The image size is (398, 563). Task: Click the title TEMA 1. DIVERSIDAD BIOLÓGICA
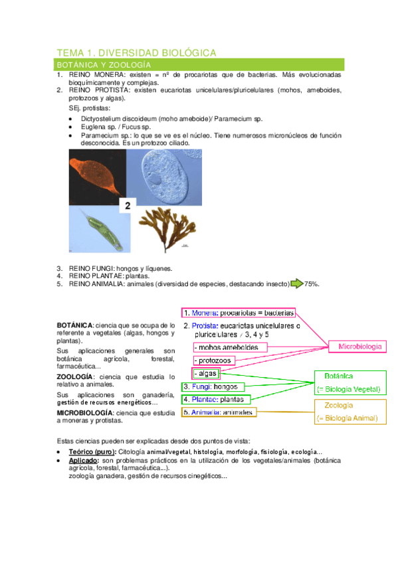point(137,52)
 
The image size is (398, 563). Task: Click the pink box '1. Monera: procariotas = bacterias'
point(239,313)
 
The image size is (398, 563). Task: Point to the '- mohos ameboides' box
point(229,347)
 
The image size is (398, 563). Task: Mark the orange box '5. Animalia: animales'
point(219,412)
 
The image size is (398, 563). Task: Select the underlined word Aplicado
point(83,460)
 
